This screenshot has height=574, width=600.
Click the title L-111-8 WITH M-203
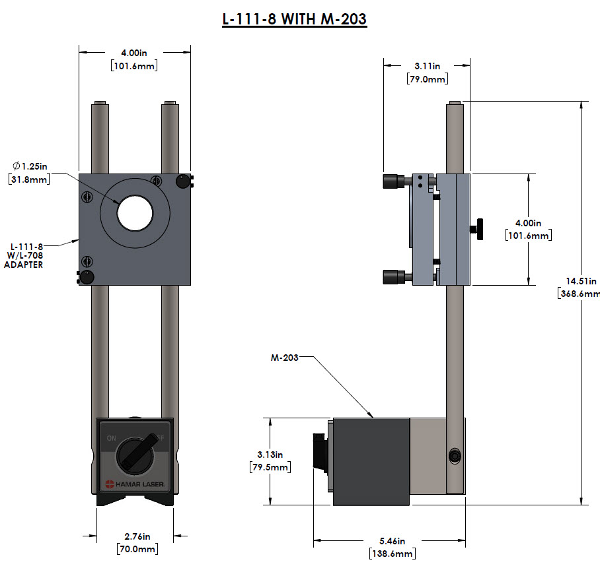tap(294, 19)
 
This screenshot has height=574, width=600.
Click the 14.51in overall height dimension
tap(579, 287)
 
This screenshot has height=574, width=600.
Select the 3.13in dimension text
tap(270, 461)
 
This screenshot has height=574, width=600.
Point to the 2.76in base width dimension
tap(137, 542)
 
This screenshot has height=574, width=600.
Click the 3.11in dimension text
tap(427, 73)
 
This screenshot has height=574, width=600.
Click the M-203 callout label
tap(284, 358)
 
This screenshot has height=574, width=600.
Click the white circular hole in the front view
tap(135, 212)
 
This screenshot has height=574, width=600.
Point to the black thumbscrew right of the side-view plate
tap(477, 229)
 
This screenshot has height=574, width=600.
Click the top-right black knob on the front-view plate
tap(182, 181)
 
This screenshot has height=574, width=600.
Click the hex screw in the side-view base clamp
tap(454, 456)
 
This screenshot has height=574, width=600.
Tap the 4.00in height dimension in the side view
tap(527, 230)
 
